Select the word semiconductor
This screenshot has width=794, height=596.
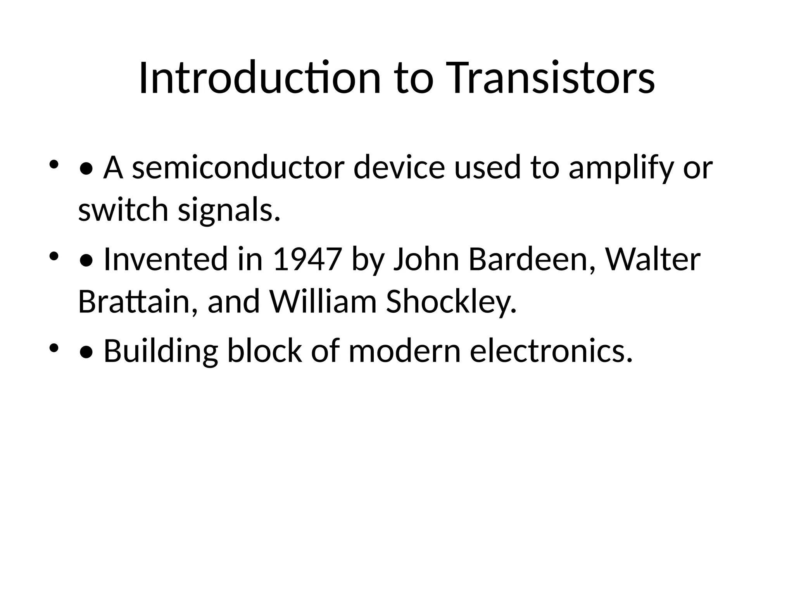coord(238,168)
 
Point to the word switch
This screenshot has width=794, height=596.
coord(123,210)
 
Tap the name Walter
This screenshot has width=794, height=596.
coord(653,259)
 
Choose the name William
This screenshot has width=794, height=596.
coord(323,302)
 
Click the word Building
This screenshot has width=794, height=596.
coord(161,351)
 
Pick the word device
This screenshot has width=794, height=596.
coord(399,168)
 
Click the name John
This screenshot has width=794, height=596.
coord(426,259)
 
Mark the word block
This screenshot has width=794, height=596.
coord(264,351)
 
